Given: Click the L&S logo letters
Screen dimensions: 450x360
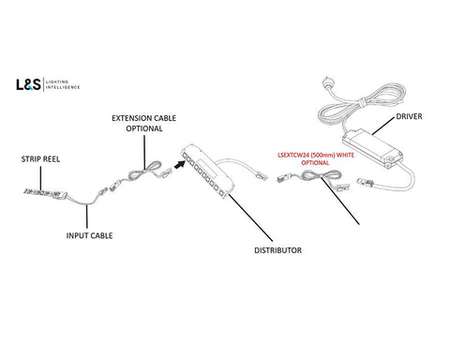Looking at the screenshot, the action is (28, 84).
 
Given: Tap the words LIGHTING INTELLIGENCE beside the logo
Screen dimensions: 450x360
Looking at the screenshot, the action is (63, 84).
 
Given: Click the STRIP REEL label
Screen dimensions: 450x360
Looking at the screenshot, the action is (40, 159).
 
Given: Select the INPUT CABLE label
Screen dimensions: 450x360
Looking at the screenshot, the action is (89, 235).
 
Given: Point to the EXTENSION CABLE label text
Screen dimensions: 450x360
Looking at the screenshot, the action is (144, 118).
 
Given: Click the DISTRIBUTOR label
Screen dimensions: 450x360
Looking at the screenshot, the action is (278, 250).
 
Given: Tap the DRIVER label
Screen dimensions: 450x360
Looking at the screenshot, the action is (409, 116).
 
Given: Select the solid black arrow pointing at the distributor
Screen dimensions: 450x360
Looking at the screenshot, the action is (179, 164).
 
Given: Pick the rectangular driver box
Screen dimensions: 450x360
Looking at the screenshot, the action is (372, 147).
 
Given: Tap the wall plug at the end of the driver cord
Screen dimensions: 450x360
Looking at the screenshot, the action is (326, 83).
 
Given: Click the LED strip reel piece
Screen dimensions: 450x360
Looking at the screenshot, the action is (46, 193).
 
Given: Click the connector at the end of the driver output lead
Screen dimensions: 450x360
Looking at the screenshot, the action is (365, 181).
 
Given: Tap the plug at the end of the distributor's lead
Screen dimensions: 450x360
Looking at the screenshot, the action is (262, 176).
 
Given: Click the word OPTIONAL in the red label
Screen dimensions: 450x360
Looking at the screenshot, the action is (315, 163).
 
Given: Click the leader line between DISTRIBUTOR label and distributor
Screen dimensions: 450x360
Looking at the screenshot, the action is (251, 217).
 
